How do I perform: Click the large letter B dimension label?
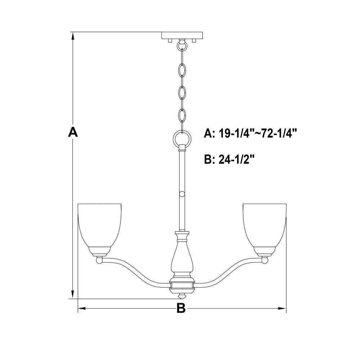pyautogui.click(x=181, y=308)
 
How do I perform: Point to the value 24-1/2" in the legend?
pyautogui.click(x=237, y=159)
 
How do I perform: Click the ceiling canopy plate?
pyautogui.click(x=182, y=35)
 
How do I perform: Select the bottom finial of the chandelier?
pyautogui.click(x=182, y=296)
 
